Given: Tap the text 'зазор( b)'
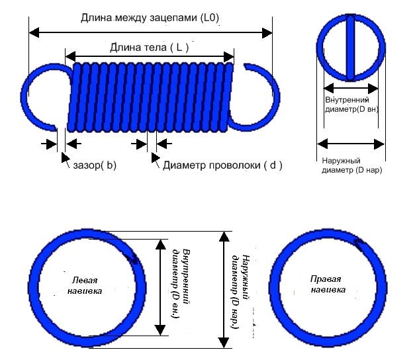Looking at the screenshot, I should pyautogui.click(x=93, y=165).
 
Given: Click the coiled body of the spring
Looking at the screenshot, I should pyautogui.click(x=150, y=96).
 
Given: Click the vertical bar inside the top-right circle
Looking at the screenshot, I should pyautogui.click(x=351, y=47).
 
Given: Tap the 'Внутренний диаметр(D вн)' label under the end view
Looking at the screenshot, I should pyautogui.click(x=351, y=104).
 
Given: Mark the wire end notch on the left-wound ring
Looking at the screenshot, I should pyautogui.click(x=135, y=259).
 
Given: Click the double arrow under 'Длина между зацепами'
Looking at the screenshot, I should pyautogui.click(x=150, y=32).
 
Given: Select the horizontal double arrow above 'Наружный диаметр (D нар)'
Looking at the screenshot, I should pyautogui.click(x=351, y=142).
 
